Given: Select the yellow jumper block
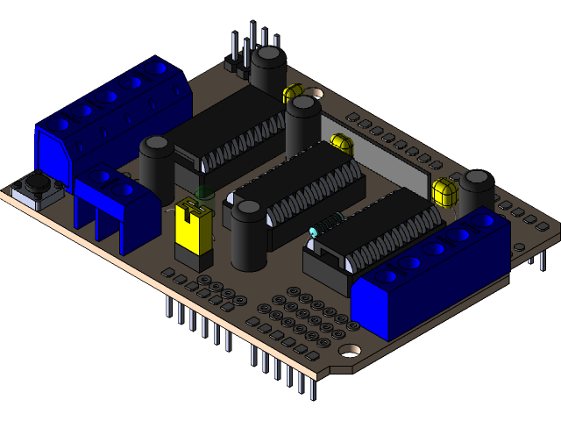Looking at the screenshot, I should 193,230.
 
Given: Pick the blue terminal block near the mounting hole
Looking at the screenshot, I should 430,272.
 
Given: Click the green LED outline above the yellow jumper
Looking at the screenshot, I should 204,192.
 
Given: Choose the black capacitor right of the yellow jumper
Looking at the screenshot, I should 249,235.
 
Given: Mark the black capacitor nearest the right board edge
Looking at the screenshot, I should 478,191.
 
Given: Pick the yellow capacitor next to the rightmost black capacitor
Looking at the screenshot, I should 445,191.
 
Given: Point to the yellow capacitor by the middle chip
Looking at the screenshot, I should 342,143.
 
